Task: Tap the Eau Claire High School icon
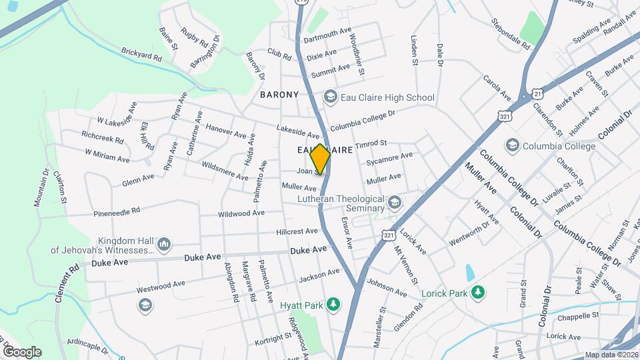pyautogui.click(x=330, y=98)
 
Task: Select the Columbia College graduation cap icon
pyautogui.click(x=512, y=145)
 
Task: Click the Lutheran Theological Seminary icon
pyautogui.click(x=395, y=203)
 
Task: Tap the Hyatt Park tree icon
pyautogui.click(x=335, y=305)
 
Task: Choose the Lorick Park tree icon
pyautogui.click(x=477, y=293)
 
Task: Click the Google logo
pyautogui.click(x=21, y=351)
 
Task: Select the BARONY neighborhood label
pyautogui.click(x=279, y=95)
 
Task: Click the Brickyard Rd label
pyautogui.click(x=141, y=55)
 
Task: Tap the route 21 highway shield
pyautogui.click(x=537, y=94)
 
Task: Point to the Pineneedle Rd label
pyautogui.click(x=117, y=211)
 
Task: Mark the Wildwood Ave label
pyautogui.click(x=241, y=213)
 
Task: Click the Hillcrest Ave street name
pyautogui.click(x=297, y=231)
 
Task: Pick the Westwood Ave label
pyautogui.click(x=161, y=287)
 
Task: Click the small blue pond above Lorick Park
pyautogui.click(x=471, y=272)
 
